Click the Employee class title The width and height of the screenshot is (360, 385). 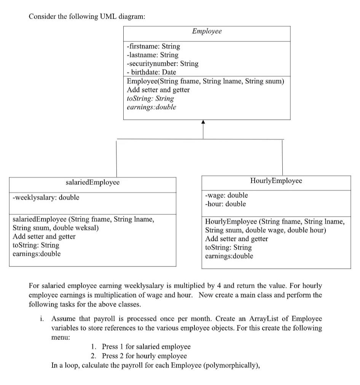pos(207,32)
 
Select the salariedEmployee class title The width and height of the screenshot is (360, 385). pos(92,182)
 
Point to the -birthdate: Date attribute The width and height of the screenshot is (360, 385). pos(151,72)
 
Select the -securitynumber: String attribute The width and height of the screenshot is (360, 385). pos(162,63)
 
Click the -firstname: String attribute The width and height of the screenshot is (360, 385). pos(153,46)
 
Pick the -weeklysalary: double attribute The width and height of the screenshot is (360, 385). pos(46,197)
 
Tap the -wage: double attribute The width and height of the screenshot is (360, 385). pos(226,195)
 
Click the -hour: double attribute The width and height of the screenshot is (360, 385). pos(225,204)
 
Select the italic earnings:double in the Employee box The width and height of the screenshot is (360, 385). pos(151,107)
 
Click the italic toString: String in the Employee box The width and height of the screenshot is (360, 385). pos(150,98)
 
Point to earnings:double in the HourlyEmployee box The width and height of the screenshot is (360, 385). pos(229,256)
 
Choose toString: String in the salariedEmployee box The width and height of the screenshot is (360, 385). pos(36,245)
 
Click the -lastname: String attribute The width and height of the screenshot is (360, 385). pos(152,55)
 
